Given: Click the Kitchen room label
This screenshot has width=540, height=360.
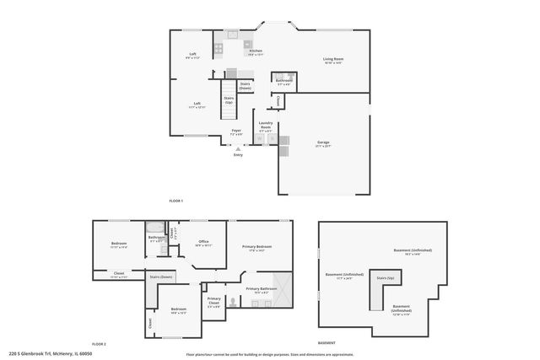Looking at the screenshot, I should [256, 51].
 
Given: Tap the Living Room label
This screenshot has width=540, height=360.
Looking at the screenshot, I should [333, 58].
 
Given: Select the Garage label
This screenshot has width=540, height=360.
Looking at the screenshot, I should [323, 142].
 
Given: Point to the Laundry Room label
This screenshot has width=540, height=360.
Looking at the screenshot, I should [265, 124].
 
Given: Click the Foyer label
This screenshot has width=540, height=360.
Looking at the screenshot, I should [237, 131].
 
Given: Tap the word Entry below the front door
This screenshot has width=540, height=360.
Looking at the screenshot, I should [238, 154].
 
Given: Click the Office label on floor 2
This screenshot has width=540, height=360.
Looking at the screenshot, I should [203, 241].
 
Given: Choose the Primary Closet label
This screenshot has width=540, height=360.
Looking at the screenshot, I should [214, 299].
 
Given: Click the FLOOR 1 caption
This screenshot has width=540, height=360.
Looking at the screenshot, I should [175, 200].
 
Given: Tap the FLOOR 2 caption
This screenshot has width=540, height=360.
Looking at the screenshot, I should [100, 343].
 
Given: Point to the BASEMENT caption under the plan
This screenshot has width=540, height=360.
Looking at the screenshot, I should [326, 343].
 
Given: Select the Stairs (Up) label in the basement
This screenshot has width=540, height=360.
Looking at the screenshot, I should [386, 277].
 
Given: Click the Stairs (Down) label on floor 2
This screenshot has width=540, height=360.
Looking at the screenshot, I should [161, 277].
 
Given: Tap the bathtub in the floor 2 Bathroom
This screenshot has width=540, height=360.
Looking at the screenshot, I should [156, 228].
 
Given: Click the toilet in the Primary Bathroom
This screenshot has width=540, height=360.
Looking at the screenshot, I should [256, 300].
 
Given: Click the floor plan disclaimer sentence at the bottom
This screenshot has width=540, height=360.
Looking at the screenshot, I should [270, 354].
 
